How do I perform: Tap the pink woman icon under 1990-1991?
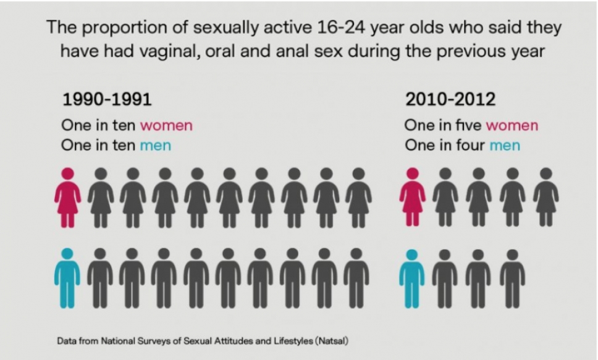point(67,198)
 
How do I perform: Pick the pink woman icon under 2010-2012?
point(412,198)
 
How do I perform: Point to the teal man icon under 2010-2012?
point(411,278)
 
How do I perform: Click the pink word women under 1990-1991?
point(166,125)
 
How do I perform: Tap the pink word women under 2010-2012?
point(512,125)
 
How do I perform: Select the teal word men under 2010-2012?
point(505,146)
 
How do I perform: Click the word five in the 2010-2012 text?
point(470,125)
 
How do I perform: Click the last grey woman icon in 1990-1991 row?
point(358,198)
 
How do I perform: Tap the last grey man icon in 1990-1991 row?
point(356,278)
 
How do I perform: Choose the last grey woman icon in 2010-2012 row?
point(545,198)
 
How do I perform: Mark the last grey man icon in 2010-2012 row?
point(512,278)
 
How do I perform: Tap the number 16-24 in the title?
point(342,28)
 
